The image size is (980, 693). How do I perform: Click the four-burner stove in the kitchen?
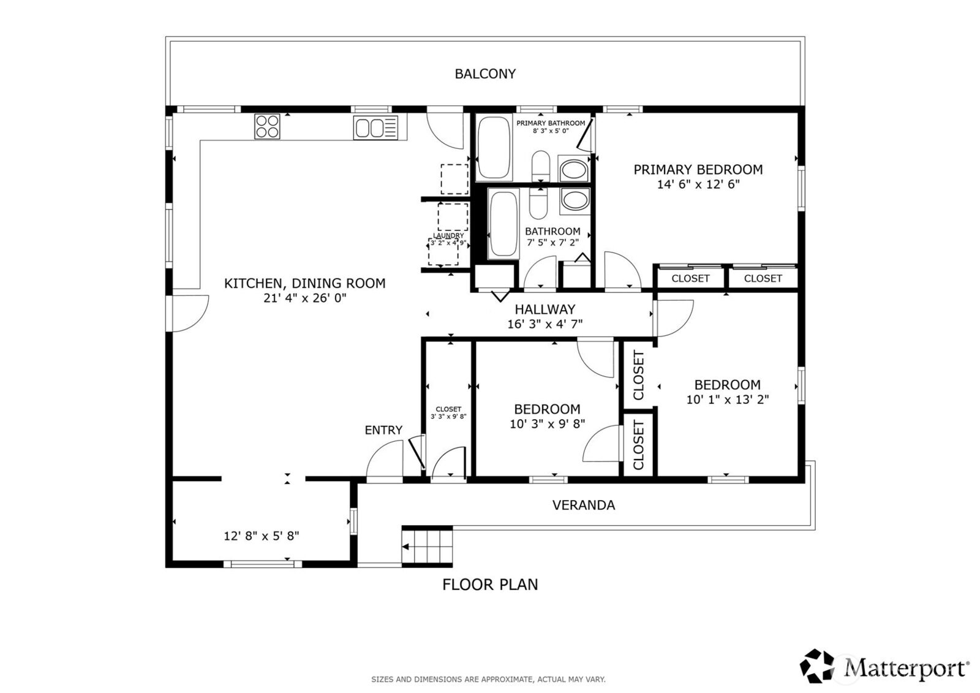pos(268,127)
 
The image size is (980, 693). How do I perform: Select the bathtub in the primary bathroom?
pos(494,147)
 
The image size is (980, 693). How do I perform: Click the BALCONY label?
pos(485,74)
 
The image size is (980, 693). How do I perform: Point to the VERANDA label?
pos(583,505)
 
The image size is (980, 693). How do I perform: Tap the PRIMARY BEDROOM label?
pos(698,170)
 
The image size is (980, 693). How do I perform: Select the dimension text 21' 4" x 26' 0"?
pos(304,299)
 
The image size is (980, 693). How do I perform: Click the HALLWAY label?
pos(545,309)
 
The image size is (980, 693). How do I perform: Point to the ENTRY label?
pos(383,430)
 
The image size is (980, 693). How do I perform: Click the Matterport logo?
pos(884,666)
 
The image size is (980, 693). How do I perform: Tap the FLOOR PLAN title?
pos(490,585)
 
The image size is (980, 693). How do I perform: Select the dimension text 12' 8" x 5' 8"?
pos(261,536)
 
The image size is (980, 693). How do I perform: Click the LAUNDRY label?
pos(448,236)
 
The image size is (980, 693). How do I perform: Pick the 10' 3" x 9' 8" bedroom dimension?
pos(547,423)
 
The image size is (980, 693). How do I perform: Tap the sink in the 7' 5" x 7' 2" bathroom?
pos(575,200)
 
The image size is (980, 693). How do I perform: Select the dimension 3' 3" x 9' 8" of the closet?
pos(448,417)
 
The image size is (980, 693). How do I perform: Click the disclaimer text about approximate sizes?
pos(488,679)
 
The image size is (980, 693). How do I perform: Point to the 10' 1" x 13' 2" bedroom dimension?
pos(727,400)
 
